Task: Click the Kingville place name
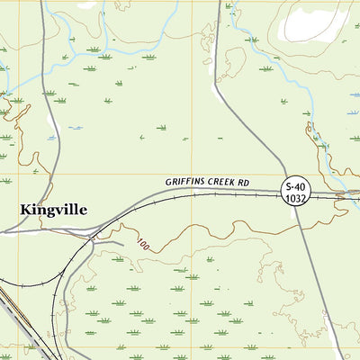click(x=53, y=210)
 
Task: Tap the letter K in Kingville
click(x=26, y=210)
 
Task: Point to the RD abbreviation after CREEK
click(x=243, y=181)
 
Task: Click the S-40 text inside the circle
click(x=296, y=186)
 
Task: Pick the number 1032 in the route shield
click(x=296, y=198)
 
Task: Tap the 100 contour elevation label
click(x=143, y=244)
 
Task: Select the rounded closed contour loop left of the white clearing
click(x=235, y=64)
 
